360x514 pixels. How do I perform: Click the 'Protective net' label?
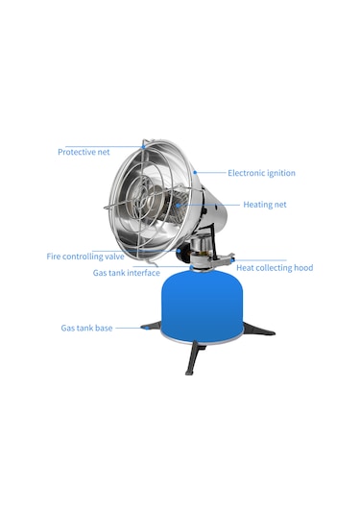(84, 152)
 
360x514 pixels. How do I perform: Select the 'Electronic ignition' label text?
(261, 173)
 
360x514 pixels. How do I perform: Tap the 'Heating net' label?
(265, 205)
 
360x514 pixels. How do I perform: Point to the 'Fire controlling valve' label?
(85, 257)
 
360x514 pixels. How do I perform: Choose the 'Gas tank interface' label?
(127, 273)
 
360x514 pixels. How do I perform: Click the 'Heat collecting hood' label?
(275, 268)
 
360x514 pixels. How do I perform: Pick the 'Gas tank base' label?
(86, 328)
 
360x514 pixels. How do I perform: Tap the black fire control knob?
(181, 253)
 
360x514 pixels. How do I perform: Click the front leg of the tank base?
(192, 358)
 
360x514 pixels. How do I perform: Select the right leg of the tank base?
(259, 329)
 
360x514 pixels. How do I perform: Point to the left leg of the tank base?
(152, 326)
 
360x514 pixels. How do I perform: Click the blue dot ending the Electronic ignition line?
(195, 172)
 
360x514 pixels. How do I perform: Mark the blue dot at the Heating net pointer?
(178, 206)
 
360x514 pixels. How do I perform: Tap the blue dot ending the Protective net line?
(143, 147)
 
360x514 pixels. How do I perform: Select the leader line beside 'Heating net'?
(208, 206)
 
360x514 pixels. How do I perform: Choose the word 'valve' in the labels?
(114, 257)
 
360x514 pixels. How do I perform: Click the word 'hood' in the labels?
(303, 268)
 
